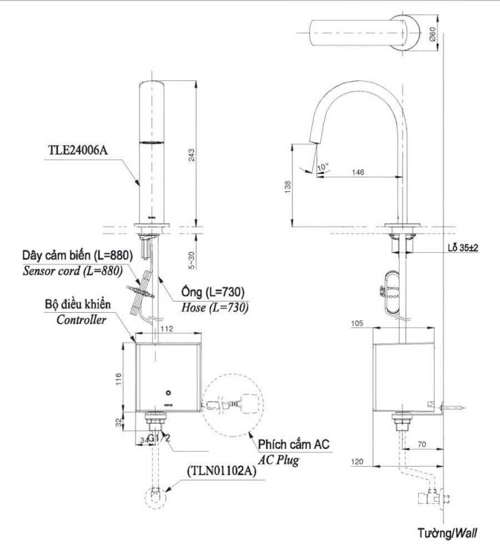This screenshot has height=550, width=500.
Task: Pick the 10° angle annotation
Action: (323, 167)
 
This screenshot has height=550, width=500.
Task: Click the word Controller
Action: (80, 320)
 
